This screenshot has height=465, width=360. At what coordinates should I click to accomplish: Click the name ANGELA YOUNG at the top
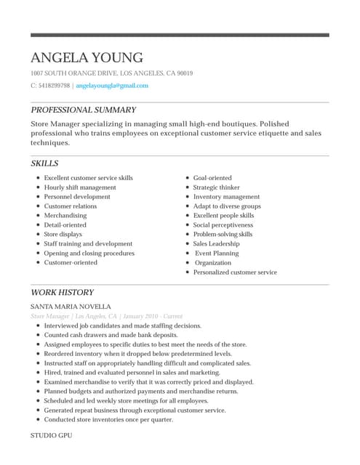[87, 58]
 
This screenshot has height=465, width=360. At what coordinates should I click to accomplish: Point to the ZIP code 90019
[184, 73]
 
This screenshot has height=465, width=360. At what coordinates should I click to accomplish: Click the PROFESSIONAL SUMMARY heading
[83, 110]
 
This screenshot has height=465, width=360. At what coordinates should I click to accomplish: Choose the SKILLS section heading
[44, 163]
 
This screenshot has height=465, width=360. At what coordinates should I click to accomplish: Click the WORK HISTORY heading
[62, 292]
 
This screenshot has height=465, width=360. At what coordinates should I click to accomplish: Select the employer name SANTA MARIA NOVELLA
[71, 307]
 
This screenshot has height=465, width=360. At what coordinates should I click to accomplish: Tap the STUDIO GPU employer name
[52, 434]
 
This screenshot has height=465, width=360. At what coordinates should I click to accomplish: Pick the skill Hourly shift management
[80, 187]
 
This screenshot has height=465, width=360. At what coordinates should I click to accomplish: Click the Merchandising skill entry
[65, 216]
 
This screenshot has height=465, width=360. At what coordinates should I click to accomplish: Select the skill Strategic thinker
[216, 187]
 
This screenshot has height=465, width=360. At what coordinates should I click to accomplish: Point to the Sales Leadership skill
[216, 244]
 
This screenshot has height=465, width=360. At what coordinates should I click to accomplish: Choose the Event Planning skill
[217, 254]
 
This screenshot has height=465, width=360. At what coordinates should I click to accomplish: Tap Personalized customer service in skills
[235, 272]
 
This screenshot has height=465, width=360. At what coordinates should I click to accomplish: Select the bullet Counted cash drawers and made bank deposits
[111, 336]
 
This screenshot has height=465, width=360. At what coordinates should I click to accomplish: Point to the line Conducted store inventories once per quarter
[108, 420]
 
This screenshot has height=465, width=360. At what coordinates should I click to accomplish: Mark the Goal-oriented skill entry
[212, 178]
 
